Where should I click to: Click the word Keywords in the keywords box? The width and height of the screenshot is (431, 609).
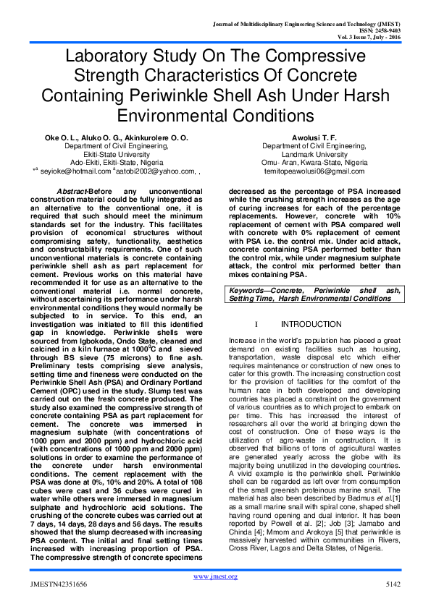271,290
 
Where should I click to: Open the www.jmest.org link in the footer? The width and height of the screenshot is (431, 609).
215,576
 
